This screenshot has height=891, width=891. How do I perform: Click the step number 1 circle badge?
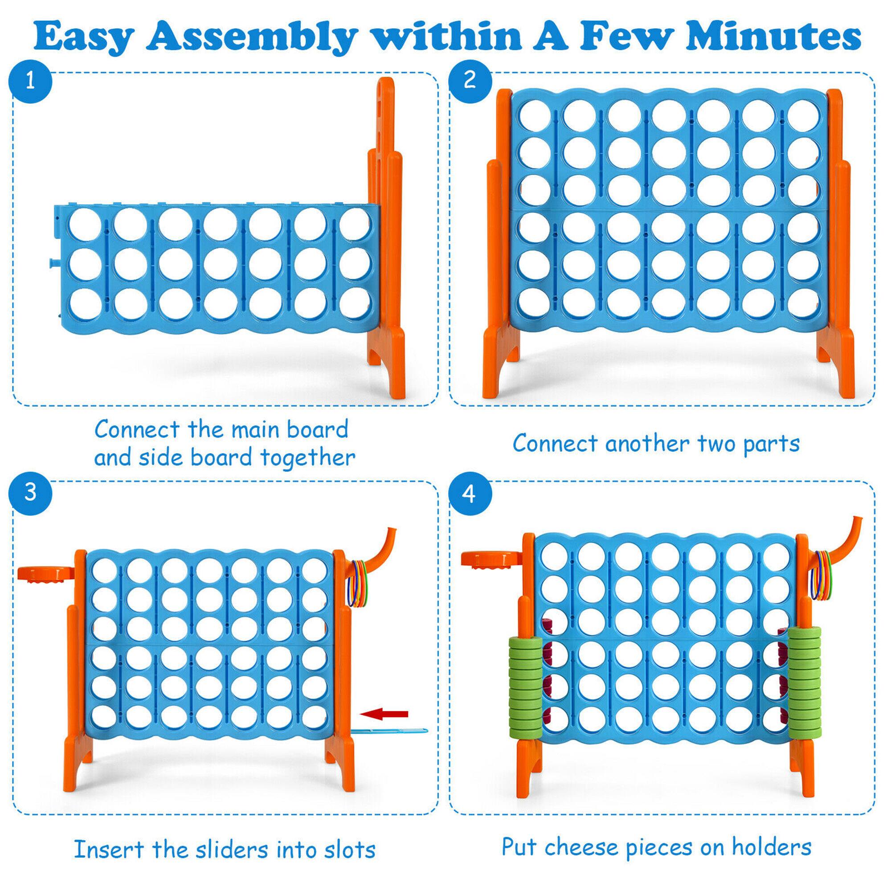click(x=30, y=82)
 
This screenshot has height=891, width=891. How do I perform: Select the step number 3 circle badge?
click(x=30, y=492)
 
